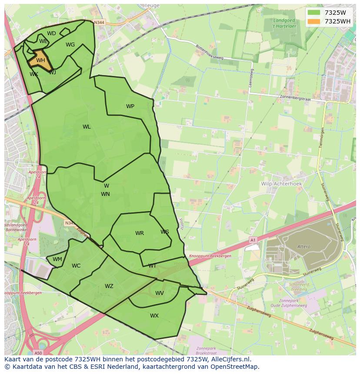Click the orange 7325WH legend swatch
point(313,21)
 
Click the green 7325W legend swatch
point(313,13)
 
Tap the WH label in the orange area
point(40,60)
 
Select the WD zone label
point(51,33)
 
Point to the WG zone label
point(70,45)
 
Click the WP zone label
point(130,106)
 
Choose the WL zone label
point(87,127)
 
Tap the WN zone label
point(105,194)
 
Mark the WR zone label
point(139,233)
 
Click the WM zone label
point(57,259)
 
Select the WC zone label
point(76,266)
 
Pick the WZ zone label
point(109,286)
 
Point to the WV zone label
point(160,293)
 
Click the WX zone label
point(154,316)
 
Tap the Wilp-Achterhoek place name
point(281,184)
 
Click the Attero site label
point(304,247)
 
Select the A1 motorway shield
point(253,239)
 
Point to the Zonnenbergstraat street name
point(296,97)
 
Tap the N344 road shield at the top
point(99,22)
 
